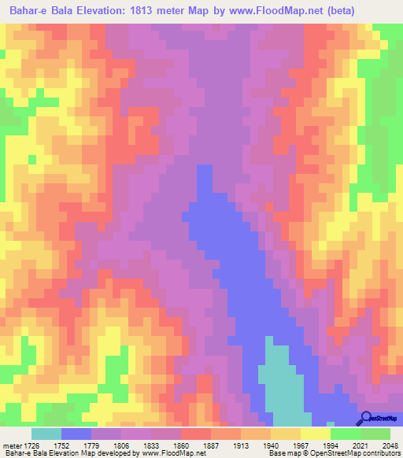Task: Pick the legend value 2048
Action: coord(391,445)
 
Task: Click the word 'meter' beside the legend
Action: coord(13,445)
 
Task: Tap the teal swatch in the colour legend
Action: coord(46,434)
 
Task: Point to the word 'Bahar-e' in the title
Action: coord(24,11)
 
